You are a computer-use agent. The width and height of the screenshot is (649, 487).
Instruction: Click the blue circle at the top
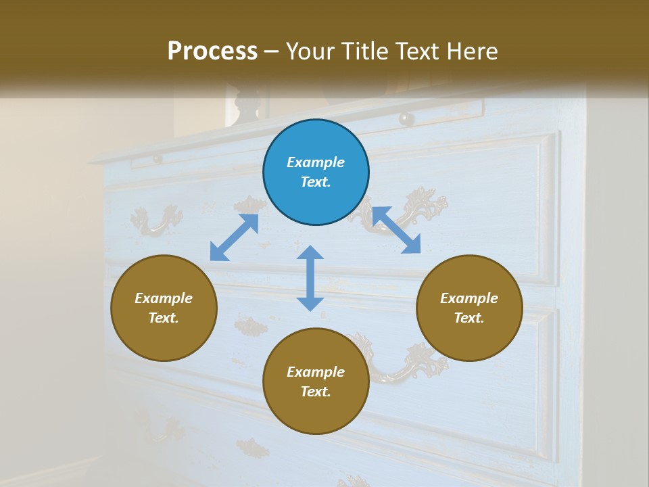pyautogui.click(x=316, y=172)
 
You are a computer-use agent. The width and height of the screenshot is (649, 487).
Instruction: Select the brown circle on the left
pyautogui.click(x=164, y=308)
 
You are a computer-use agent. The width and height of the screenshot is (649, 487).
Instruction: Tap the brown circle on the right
pyautogui.click(x=469, y=308)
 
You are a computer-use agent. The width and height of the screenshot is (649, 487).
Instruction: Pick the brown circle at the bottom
pyautogui.click(x=316, y=381)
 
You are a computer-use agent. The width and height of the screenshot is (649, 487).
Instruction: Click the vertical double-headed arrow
pyautogui.click(x=310, y=278)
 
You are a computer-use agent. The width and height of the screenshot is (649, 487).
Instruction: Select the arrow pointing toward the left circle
pyautogui.click(x=234, y=237)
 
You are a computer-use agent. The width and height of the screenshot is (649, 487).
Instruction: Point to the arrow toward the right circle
pyautogui.click(x=396, y=230)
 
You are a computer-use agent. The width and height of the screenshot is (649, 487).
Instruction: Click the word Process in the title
pyautogui.click(x=212, y=51)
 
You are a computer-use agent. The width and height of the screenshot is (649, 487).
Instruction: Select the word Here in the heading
pyautogui.click(x=473, y=51)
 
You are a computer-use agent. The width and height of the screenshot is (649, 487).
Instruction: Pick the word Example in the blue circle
pyautogui.click(x=316, y=162)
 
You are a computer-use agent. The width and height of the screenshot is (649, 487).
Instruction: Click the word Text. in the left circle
pyautogui.click(x=164, y=318)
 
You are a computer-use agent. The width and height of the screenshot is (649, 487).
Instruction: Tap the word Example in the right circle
pyautogui.click(x=469, y=298)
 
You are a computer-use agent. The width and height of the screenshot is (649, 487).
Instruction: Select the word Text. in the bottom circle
pyautogui.click(x=316, y=392)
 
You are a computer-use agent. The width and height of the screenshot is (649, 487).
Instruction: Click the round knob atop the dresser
pyautogui.click(x=406, y=119)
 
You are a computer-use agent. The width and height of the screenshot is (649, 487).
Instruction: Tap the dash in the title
pyautogui.click(x=272, y=51)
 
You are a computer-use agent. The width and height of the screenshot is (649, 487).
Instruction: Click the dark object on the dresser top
pyautogui.click(x=250, y=105)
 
